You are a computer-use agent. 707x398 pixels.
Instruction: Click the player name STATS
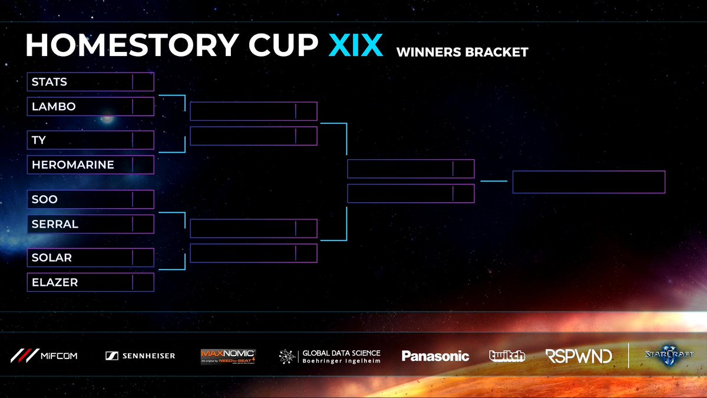coord(49,82)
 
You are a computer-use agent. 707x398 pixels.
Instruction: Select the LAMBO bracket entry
coord(54,107)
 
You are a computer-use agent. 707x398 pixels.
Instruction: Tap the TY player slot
coord(39,140)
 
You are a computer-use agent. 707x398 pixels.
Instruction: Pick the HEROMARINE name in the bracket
coord(73,165)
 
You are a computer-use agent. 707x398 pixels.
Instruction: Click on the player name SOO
coord(45,199)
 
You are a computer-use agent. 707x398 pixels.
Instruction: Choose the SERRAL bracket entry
coord(55,224)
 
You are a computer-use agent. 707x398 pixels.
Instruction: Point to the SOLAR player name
coord(52,258)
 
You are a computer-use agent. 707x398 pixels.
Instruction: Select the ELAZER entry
coord(55,282)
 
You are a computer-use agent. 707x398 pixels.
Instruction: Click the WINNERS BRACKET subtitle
coord(462,52)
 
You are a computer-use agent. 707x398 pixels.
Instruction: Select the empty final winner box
coord(589,182)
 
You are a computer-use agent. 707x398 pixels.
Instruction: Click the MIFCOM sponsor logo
coord(44,356)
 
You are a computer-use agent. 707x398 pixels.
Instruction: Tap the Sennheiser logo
coord(140,356)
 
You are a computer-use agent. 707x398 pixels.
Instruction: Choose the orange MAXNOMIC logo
coord(227,356)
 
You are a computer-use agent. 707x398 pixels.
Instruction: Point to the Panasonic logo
coord(435,356)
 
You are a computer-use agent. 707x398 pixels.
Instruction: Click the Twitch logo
coord(507,356)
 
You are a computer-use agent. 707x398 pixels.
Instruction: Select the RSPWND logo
coord(578,356)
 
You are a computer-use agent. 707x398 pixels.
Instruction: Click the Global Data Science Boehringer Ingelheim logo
coord(330,356)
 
